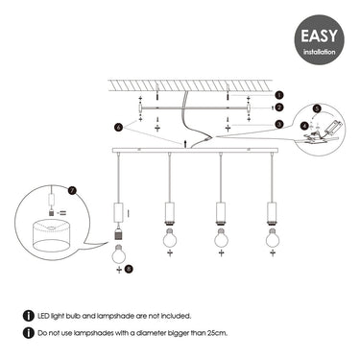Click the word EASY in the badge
[319, 36]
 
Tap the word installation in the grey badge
[319, 52]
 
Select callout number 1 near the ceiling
[279, 95]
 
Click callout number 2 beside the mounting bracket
[279, 108]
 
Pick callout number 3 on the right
[279, 124]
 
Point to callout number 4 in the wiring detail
[304, 126]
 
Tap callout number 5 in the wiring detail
[317, 108]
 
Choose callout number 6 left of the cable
[118, 128]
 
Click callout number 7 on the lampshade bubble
[73, 191]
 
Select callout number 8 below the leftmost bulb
[129, 270]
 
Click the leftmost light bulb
[119, 253]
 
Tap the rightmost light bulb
[273, 238]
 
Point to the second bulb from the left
[170, 238]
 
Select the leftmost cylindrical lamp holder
[119, 212]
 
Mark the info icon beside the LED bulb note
[29, 316]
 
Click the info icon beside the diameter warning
[29, 332]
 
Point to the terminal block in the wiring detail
[335, 126]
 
